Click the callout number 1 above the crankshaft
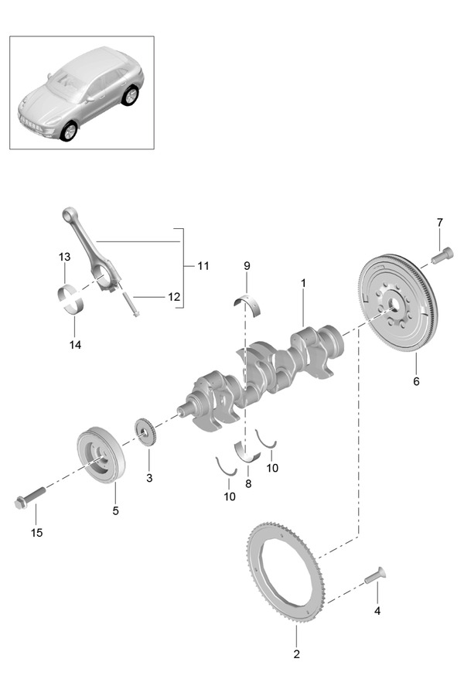click(303, 283)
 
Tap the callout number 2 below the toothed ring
click(297, 653)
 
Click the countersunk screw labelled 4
click(375, 575)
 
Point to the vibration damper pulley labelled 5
click(101, 455)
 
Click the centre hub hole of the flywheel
click(394, 304)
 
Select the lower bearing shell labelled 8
click(247, 452)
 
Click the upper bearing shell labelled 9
click(247, 305)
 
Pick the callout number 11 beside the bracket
click(203, 266)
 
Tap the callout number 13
click(64, 257)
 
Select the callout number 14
click(75, 344)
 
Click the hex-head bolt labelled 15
click(30, 497)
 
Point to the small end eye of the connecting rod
click(69, 214)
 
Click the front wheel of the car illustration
click(69, 131)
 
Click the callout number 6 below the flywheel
click(416, 381)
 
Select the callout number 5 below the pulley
click(115, 511)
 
